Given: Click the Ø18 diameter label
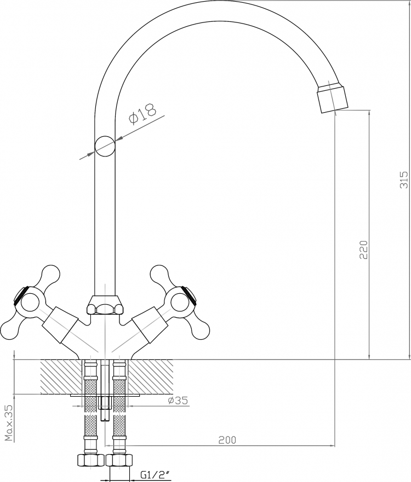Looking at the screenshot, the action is pyautogui.click(x=142, y=113).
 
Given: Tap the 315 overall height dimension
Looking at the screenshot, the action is pyautogui.click(x=405, y=179).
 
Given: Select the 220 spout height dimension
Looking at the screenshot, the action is pyautogui.click(x=363, y=249).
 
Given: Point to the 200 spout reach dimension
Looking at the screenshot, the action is pyautogui.click(x=227, y=440).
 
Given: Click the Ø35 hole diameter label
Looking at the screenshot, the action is pyautogui.click(x=178, y=400).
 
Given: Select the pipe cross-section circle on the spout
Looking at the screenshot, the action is pyautogui.click(x=105, y=147).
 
